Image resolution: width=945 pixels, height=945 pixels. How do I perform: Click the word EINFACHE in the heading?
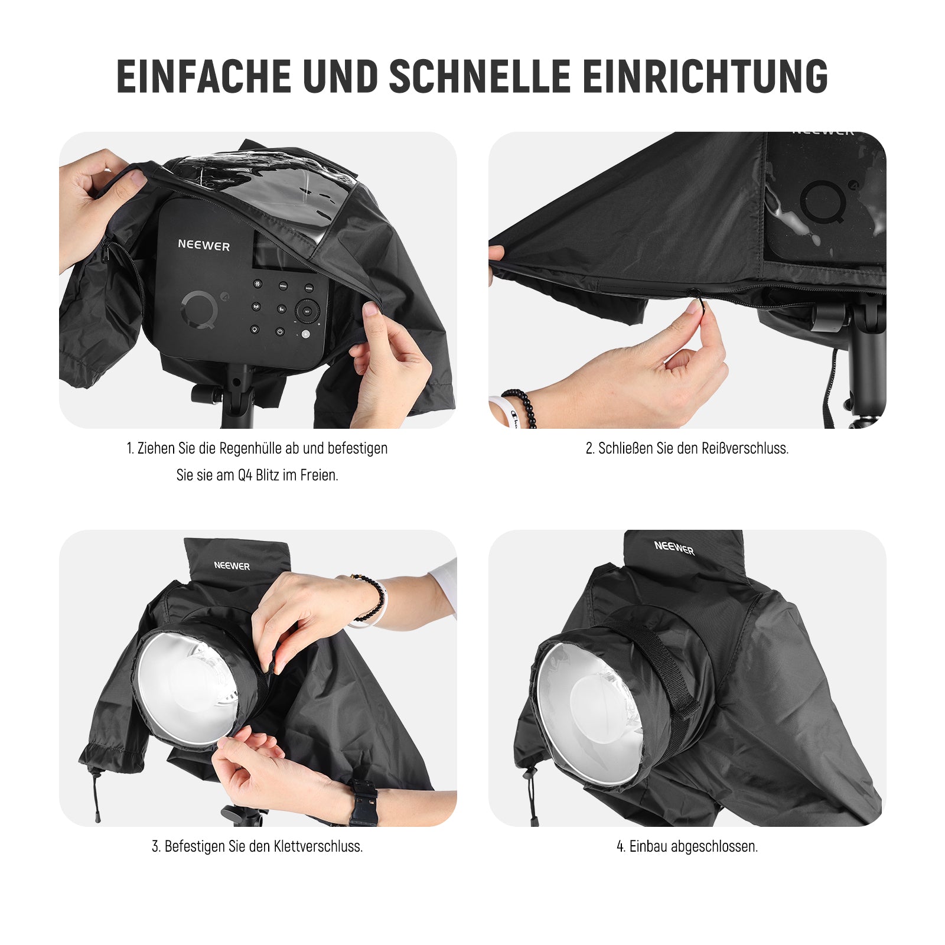point(204,76)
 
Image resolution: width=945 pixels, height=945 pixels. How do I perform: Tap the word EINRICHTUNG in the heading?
point(705,76)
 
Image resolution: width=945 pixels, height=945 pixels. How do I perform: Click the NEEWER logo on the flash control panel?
point(204,245)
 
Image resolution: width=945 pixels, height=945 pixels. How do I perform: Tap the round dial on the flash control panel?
point(307,310)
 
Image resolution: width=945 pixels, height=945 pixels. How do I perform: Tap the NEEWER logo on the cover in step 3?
point(232,566)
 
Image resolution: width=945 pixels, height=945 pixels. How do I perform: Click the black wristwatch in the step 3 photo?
point(363,802)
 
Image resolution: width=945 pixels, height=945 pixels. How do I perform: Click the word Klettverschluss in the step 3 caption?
point(317,846)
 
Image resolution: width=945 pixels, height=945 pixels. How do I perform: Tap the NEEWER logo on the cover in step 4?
point(674,548)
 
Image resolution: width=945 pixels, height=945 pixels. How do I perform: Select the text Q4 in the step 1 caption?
point(245,475)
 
